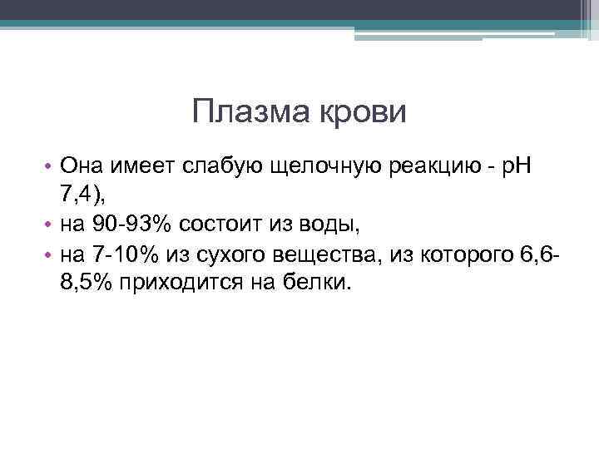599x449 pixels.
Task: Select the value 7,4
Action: coord(79,196)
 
